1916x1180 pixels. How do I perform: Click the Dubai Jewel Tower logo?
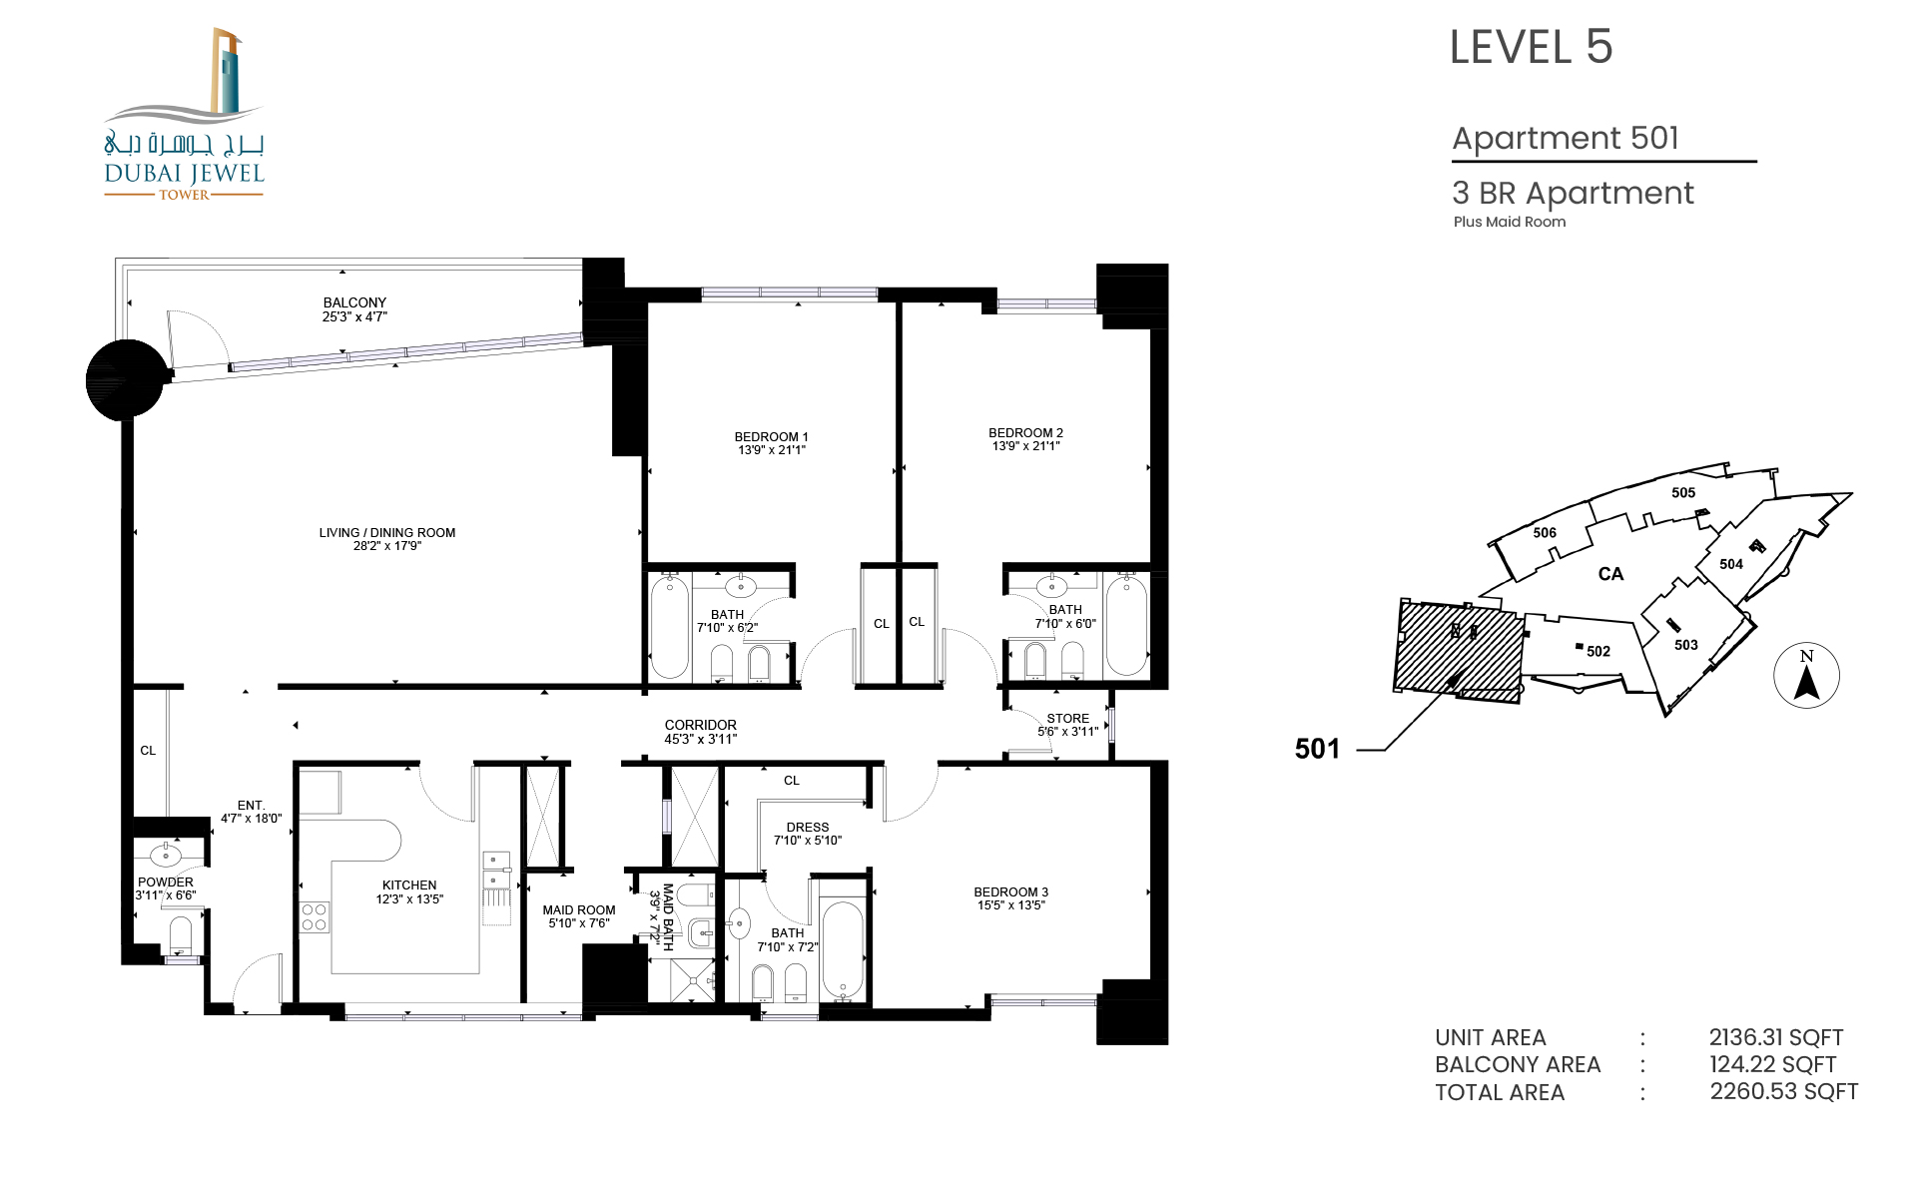pyautogui.click(x=184, y=115)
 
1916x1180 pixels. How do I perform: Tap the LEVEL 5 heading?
pyautogui.click(x=1531, y=47)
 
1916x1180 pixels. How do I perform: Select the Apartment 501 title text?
pyautogui.click(x=1566, y=138)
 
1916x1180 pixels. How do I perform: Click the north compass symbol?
pyautogui.click(x=1806, y=675)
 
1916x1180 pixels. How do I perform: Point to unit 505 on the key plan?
pyautogui.click(x=1683, y=492)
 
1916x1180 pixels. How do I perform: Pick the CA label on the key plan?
pyautogui.click(x=1610, y=574)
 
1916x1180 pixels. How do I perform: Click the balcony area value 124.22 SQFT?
pyautogui.click(x=1772, y=1064)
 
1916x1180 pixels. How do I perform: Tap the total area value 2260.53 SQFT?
pyautogui.click(x=1783, y=1091)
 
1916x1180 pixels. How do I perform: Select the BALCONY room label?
pyautogui.click(x=354, y=302)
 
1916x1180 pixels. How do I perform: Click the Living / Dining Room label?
pyautogui.click(x=387, y=533)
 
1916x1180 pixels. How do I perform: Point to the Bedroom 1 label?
pyautogui.click(x=771, y=437)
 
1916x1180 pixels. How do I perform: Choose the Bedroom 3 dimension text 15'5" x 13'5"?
pyautogui.click(x=1011, y=905)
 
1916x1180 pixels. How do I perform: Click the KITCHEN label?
pyautogui.click(x=409, y=885)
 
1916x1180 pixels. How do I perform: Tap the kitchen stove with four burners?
pyautogui.click(x=315, y=916)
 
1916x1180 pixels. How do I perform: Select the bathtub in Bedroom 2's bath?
pyautogui.click(x=1126, y=624)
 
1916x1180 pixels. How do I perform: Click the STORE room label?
pyautogui.click(x=1068, y=719)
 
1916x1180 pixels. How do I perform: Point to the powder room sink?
pyautogui.click(x=166, y=856)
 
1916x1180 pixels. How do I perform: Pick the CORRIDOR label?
pyautogui.click(x=701, y=726)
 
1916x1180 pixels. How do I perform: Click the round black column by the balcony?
pyautogui.click(x=126, y=379)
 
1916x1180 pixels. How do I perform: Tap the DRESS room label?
pyautogui.click(x=808, y=828)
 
